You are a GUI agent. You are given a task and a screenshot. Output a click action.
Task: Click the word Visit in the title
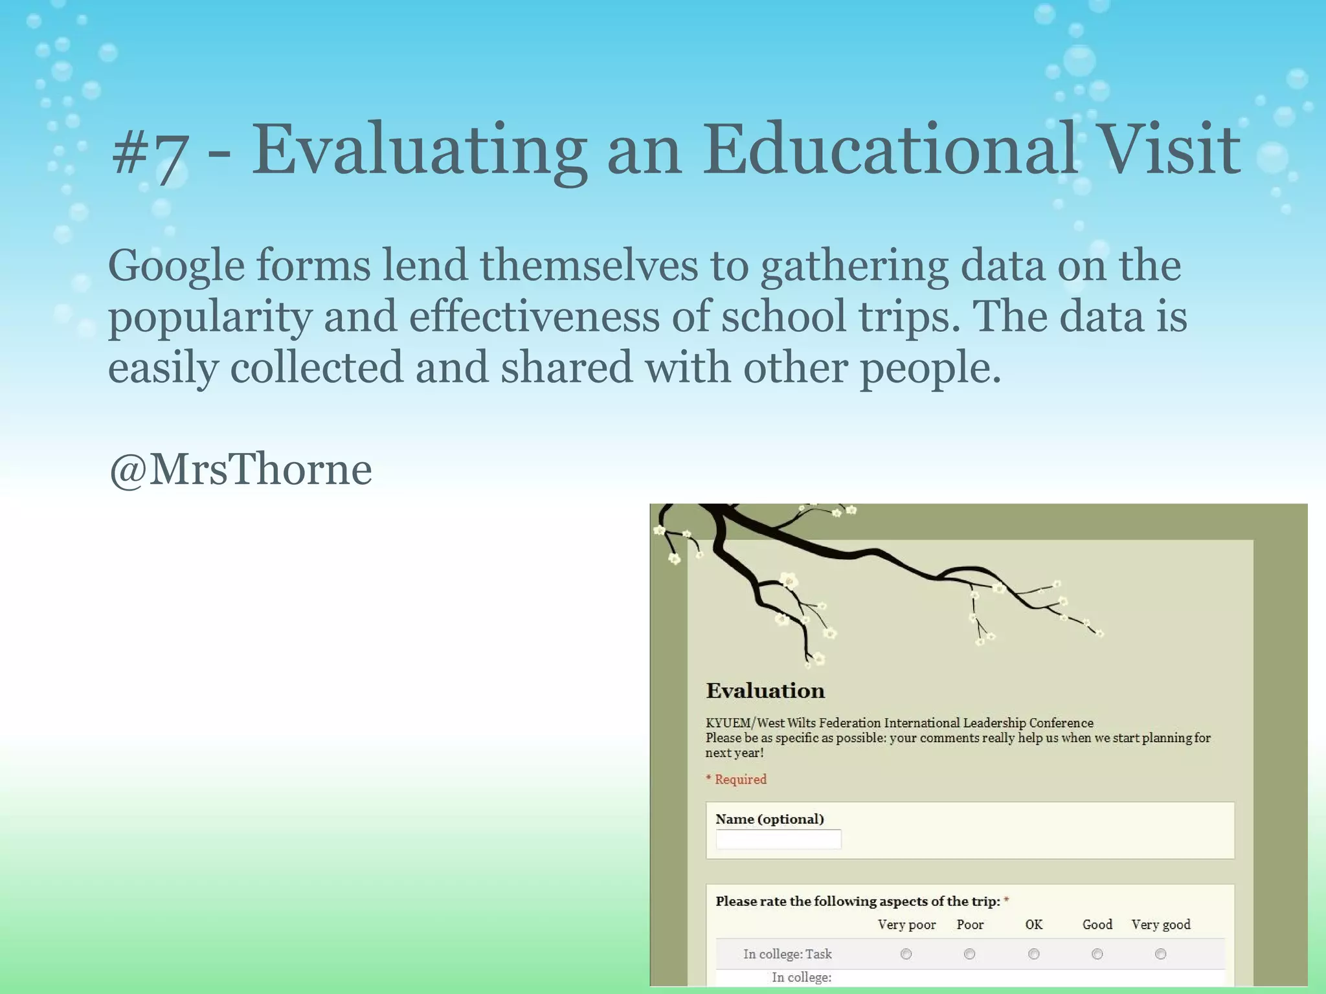click(x=1170, y=150)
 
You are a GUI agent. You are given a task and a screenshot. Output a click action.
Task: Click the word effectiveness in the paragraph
click(x=534, y=317)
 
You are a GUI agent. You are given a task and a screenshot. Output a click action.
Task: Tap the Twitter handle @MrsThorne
click(x=240, y=469)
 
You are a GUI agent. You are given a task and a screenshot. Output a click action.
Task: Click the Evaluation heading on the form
click(x=765, y=690)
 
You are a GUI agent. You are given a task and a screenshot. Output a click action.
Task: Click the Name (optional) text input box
click(x=778, y=839)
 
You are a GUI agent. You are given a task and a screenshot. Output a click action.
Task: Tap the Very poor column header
click(x=906, y=925)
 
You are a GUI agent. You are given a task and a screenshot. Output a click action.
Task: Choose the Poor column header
click(x=970, y=925)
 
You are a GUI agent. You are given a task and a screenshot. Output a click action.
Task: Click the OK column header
click(x=1033, y=925)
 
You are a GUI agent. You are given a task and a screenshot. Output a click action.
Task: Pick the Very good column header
click(x=1160, y=925)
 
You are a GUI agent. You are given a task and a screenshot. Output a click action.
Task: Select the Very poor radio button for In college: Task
click(x=906, y=954)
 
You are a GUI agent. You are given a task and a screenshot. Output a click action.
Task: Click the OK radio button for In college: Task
click(x=1033, y=954)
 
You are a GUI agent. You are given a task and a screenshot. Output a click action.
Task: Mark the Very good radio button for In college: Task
click(x=1160, y=954)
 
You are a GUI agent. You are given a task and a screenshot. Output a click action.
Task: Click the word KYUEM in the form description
click(x=728, y=723)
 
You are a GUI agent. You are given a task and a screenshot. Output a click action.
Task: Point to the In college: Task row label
click(x=787, y=954)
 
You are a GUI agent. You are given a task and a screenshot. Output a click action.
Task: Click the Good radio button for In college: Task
click(x=1097, y=954)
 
